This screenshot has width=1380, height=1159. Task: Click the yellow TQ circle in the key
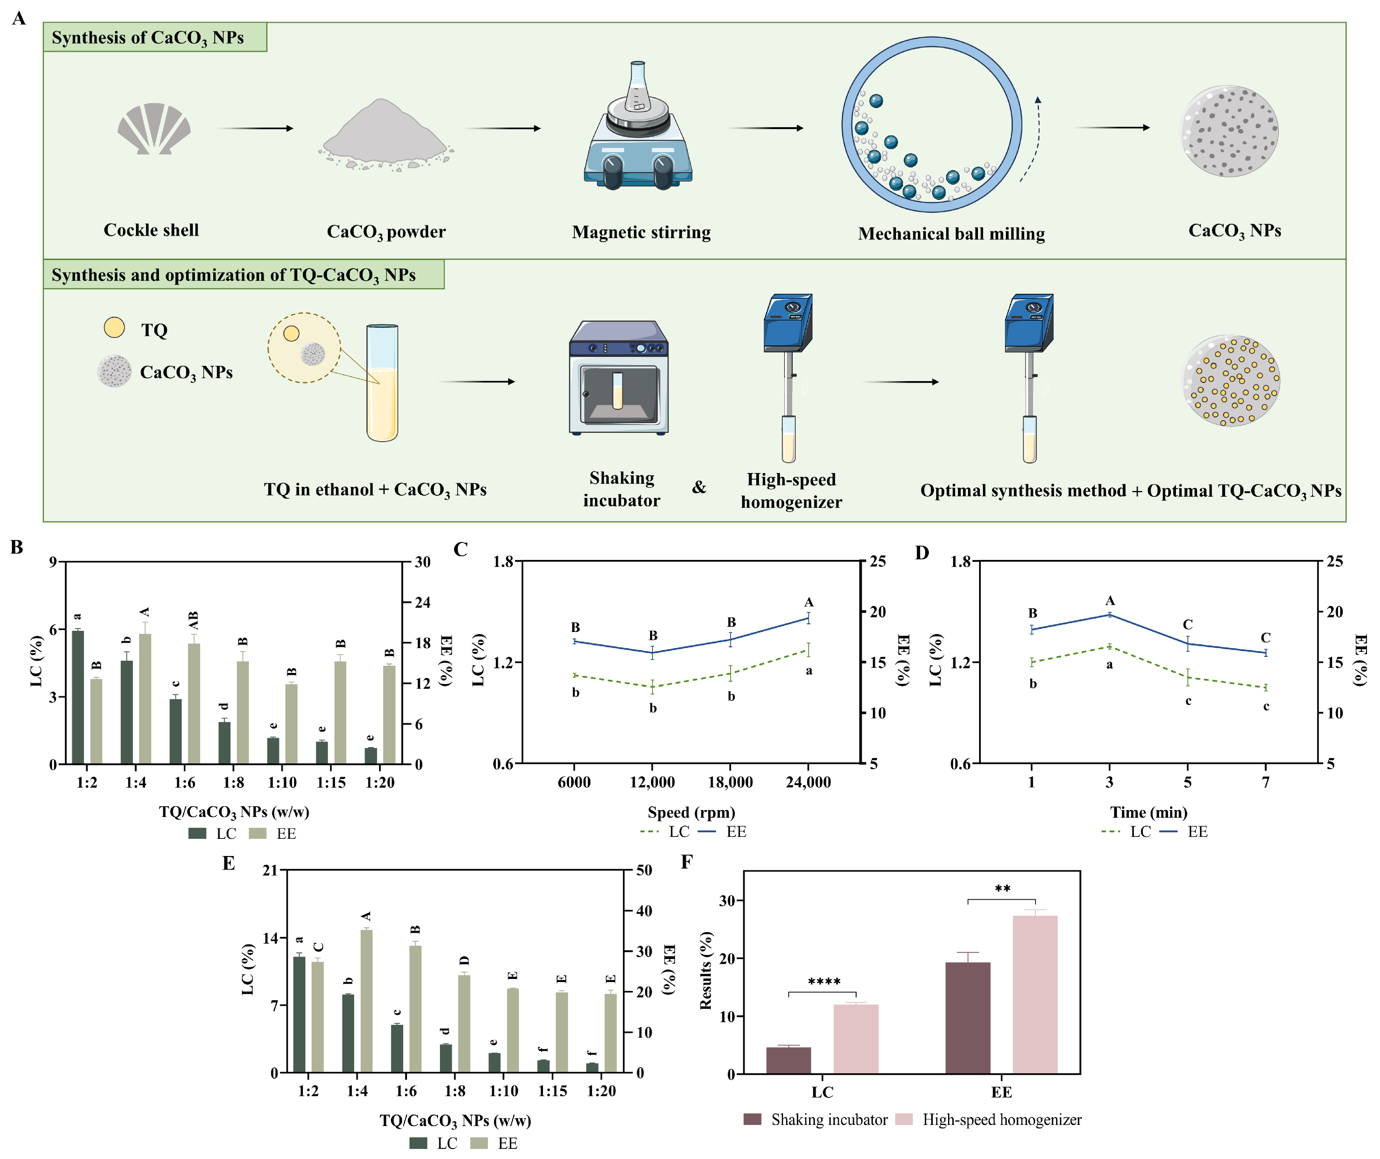tap(114, 327)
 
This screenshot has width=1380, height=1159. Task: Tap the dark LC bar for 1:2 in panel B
tap(78, 697)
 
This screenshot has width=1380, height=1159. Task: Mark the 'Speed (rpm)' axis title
tap(691, 812)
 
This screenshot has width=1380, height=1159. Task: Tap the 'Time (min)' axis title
tap(1149, 812)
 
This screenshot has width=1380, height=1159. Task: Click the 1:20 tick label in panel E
tap(601, 1091)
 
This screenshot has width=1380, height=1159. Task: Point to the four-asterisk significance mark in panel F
tap(824, 982)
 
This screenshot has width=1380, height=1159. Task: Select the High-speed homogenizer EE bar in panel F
tap(1035, 993)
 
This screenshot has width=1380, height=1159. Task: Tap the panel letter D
tap(922, 553)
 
